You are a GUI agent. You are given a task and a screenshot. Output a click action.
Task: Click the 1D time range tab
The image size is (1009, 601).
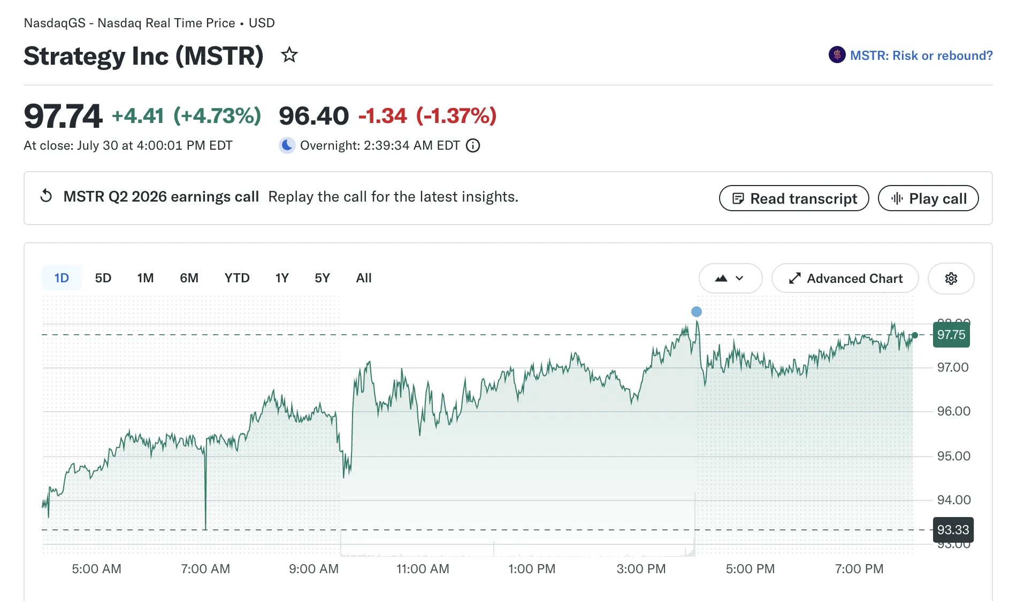pyautogui.click(x=62, y=278)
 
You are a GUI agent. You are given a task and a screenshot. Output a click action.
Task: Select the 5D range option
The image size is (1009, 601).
pyautogui.click(x=103, y=278)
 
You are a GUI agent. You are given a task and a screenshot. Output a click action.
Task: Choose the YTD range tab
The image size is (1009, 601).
pyautogui.click(x=237, y=278)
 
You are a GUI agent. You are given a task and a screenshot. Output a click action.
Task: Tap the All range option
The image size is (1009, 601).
pyautogui.click(x=364, y=278)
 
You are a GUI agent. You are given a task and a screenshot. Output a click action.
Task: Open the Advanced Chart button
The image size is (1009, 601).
pyautogui.click(x=845, y=279)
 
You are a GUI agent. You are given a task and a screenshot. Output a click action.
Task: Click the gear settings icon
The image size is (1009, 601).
pyautogui.click(x=951, y=279)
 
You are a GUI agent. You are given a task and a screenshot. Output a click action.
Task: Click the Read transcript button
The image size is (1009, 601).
pyautogui.click(x=794, y=198)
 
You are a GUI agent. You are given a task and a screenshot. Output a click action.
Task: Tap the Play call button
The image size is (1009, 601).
pyautogui.click(x=928, y=198)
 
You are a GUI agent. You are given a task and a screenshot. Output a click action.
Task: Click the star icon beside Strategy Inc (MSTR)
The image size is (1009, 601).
pyautogui.click(x=289, y=55)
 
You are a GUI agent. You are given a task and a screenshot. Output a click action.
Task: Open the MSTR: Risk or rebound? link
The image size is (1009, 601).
pyautogui.click(x=911, y=55)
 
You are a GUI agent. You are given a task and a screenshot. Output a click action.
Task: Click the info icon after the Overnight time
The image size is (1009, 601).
pyautogui.click(x=473, y=145)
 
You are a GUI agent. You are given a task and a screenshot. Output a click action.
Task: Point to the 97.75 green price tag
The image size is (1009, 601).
pyautogui.click(x=951, y=335)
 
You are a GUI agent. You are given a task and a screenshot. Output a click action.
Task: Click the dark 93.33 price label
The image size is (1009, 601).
pyautogui.click(x=953, y=530)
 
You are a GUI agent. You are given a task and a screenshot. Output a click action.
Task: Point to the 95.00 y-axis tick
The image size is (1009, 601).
pyautogui.click(x=953, y=456)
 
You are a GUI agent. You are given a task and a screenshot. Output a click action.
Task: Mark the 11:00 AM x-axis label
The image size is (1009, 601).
pyautogui.click(x=423, y=569)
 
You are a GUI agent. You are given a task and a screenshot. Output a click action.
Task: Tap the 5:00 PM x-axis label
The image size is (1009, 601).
pyautogui.click(x=750, y=569)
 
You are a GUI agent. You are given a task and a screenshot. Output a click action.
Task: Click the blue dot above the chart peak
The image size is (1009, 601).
pyautogui.click(x=697, y=312)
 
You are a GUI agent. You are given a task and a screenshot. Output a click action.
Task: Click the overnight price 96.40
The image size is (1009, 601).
pyautogui.click(x=314, y=116)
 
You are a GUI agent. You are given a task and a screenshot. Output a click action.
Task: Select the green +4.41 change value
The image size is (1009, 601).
pyautogui.click(x=137, y=116)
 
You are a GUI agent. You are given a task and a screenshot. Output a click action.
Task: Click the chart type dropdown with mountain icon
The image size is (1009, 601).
pyautogui.click(x=730, y=278)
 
